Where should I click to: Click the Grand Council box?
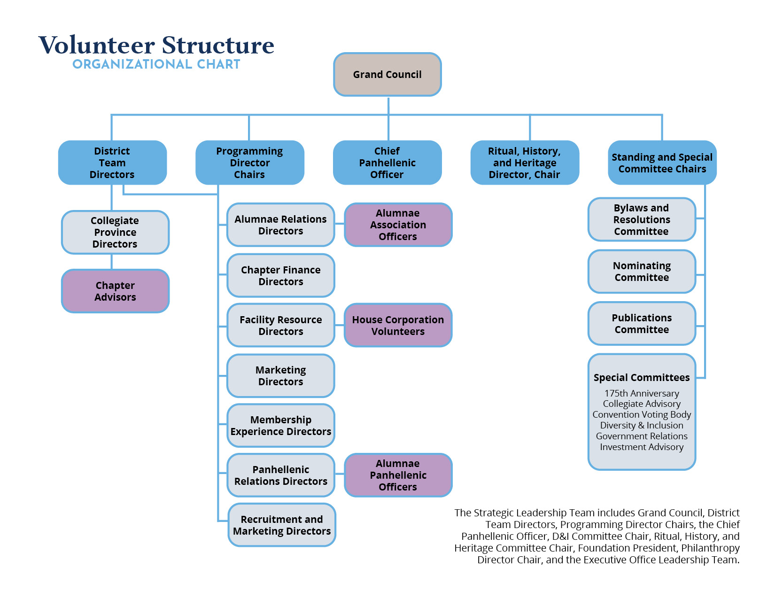coord(387,75)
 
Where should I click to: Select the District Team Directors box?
coord(112,163)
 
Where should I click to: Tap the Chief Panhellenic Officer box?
coord(387,163)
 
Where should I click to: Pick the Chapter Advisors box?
coord(115,291)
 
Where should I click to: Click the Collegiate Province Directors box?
coord(115,232)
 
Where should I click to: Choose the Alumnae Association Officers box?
coord(398,225)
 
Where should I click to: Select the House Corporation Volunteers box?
coord(398,325)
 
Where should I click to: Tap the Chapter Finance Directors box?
coord(281,275)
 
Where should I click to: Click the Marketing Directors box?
coord(281,376)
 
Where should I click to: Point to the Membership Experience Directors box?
coord(281,425)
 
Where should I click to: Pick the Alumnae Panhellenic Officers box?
coord(398,475)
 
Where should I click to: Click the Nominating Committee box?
coord(642,272)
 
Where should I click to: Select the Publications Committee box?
coord(642,324)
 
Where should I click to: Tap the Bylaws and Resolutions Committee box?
coord(642,219)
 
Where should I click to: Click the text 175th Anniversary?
coord(642,393)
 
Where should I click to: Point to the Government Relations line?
coord(642,436)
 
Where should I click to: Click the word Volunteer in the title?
coord(97,45)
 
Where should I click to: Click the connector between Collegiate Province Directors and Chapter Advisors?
coord(112,262)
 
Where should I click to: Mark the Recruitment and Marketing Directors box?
coord(282,525)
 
